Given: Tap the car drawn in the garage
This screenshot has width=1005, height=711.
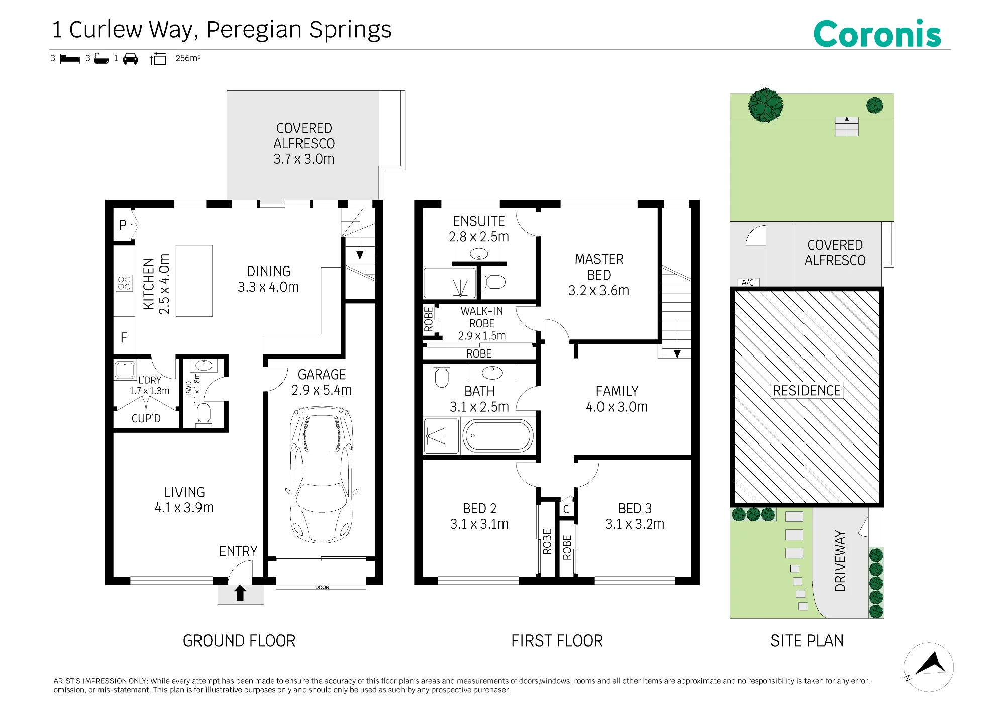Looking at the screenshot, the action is coord(322,475).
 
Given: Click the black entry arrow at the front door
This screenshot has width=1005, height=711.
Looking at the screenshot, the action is coord(240,593).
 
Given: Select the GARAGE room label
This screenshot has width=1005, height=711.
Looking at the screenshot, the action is coord(322,375).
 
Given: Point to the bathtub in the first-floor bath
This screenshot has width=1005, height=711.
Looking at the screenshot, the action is coord(497,435).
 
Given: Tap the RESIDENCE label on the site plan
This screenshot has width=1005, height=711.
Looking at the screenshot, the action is coord(807,391).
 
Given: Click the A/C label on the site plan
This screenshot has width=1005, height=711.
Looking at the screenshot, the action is coord(748,283).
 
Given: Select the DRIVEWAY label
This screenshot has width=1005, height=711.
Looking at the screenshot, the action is coord(840,561).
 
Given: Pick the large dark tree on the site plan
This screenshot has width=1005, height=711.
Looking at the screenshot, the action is coord(766,105).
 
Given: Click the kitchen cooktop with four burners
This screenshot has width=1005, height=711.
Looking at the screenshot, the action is coord(124,283).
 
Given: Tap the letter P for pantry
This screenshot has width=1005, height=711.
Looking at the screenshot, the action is coord(123,225).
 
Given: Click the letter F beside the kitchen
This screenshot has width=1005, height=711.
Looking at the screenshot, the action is coord(124,337).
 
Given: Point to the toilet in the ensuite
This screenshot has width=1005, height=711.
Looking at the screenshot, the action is coord(494,282).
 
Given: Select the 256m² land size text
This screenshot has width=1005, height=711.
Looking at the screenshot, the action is coord(188,58).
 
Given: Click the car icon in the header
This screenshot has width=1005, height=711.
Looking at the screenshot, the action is coord(130,59).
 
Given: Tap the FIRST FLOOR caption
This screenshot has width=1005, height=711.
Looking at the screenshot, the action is coord(557,641).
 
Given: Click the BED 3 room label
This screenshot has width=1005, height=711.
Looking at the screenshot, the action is coord(635,508).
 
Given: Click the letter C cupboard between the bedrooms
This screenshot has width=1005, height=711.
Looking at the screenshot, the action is coord(566,509).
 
